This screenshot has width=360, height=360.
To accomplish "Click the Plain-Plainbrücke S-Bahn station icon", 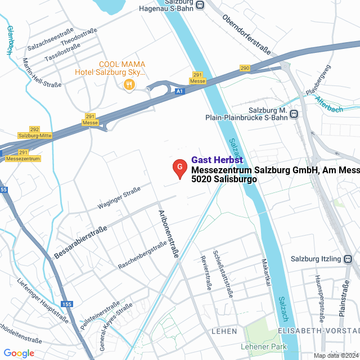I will [294, 115].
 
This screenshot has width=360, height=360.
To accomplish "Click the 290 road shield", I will [244, 68].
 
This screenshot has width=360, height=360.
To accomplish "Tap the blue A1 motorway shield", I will [179, 91].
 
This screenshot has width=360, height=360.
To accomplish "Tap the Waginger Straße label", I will [119, 200].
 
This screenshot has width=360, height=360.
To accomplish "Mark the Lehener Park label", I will [264, 346].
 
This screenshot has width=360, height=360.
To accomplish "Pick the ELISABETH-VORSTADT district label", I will [318, 331].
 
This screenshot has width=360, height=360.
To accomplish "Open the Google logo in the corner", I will [19, 353].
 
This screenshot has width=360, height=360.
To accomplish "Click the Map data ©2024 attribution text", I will [336, 355].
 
